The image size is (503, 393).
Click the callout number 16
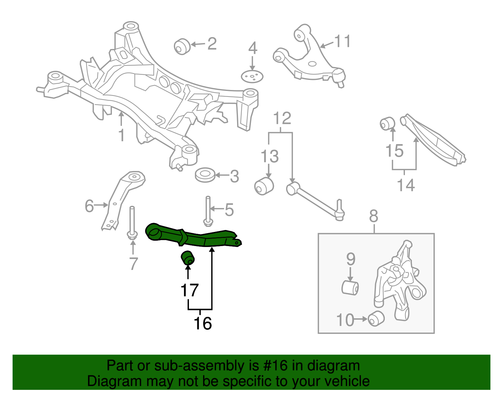click(x=203, y=323)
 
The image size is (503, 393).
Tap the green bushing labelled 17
click(x=188, y=258)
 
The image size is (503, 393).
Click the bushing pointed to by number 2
click(x=182, y=47)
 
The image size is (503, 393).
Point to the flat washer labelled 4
click(x=252, y=76)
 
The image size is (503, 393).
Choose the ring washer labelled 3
click(x=205, y=175)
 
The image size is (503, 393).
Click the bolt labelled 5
click(x=208, y=211)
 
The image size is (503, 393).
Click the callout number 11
click(x=342, y=41)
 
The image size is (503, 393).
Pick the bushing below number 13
click(x=264, y=186)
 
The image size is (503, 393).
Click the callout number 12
click(x=282, y=119)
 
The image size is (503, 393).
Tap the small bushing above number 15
click(x=387, y=123)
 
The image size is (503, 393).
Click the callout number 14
click(x=406, y=185)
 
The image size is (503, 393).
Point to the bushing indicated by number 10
click(x=376, y=318)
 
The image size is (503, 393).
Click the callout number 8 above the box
click(x=373, y=216)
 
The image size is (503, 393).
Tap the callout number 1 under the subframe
click(x=121, y=135)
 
